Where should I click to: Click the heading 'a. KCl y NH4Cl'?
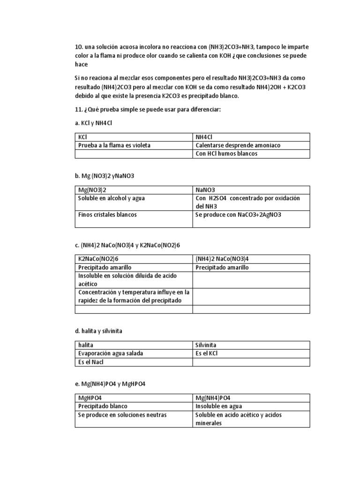point(94,122)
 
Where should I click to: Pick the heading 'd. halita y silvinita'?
point(98,331)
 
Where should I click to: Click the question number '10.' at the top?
point(79,47)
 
